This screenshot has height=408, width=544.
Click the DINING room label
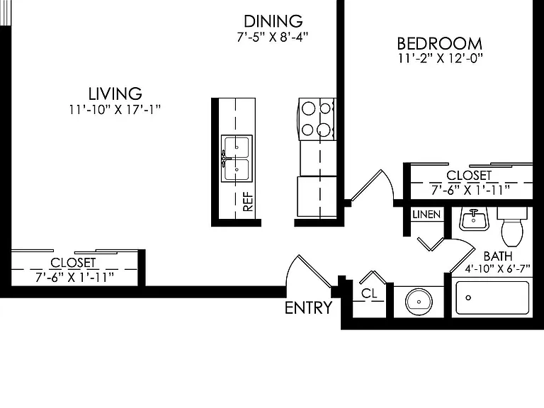coord(273,21)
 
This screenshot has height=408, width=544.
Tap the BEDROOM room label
coord(440,44)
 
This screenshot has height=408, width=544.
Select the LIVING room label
coord(115,93)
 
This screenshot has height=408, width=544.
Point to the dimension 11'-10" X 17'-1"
coord(115,110)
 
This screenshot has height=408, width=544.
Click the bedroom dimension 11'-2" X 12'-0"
coord(440,58)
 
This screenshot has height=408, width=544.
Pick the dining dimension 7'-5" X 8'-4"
coord(273,37)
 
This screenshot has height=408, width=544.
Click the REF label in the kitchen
coord(249,202)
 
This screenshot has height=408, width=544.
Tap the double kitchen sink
coord(237,158)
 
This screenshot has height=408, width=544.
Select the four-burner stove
coord(317,119)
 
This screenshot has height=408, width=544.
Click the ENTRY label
coord(308,307)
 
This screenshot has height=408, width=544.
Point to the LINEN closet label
coord(426,215)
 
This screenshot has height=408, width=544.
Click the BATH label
coord(498,256)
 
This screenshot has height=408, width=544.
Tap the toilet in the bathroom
coord(512,226)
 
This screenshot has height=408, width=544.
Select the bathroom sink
coord(475,219)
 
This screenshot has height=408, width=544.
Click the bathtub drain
coord(468,297)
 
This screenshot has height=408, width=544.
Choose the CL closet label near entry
coord(369,293)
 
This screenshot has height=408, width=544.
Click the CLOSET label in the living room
coord(73,263)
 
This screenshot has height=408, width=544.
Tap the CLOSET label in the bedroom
coord(469,176)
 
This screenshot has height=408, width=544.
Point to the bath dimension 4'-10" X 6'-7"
coord(498,269)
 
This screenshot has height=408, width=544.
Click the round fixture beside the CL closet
coord(419,302)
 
